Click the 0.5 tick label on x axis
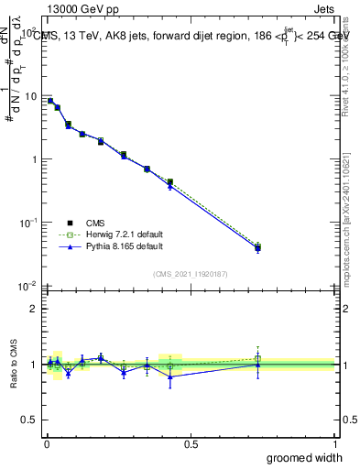tap(191, 444)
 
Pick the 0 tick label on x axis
tap(47, 444)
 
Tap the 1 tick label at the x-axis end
tap(334, 444)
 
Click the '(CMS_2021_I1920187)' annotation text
tap(191, 272)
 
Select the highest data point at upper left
tap(50, 101)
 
